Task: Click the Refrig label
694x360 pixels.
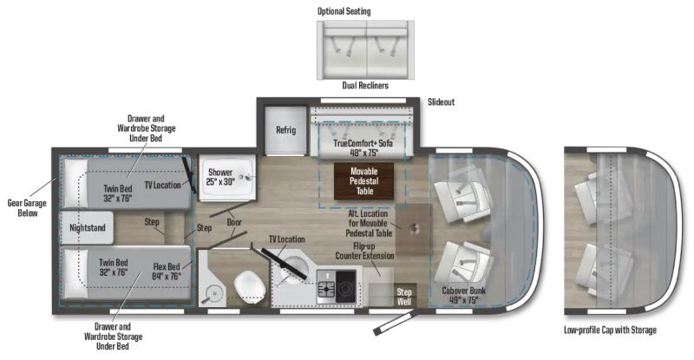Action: point(285,130)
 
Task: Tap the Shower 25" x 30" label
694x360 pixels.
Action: point(220,177)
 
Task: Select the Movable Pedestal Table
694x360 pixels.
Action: point(363,181)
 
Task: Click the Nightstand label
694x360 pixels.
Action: point(88,228)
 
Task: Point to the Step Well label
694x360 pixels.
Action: point(404,297)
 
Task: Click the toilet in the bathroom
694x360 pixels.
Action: point(249,287)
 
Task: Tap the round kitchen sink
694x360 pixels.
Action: point(293,266)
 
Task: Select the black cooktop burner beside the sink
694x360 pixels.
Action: point(345,286)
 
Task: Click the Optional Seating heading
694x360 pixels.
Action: point(344,11)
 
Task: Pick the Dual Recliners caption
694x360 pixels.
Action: point(365,85)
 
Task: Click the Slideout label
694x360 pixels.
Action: point(441,101)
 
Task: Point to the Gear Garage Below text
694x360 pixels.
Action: point(27,207)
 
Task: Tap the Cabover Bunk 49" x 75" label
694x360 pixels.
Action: point(463,295)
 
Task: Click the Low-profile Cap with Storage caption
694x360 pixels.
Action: point(610,330)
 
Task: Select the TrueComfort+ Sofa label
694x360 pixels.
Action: point(363,143)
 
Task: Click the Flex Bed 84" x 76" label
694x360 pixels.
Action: point(167,272)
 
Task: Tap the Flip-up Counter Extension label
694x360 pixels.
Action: point(364,251)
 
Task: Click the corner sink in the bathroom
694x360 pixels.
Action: point(213,293)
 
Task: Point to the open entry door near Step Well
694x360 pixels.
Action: point(395,322)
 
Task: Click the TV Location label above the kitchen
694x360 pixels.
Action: point(287,239)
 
